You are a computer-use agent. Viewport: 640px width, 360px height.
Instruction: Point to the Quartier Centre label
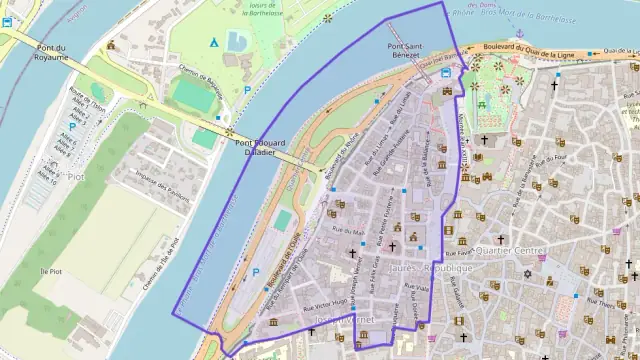(x=510, y=250)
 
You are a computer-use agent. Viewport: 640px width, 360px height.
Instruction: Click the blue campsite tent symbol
(x=212, y=42)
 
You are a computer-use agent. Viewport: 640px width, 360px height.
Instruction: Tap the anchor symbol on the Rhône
(x=519, y=33)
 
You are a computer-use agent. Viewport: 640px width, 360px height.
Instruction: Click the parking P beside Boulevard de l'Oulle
(x=256, y=272)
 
